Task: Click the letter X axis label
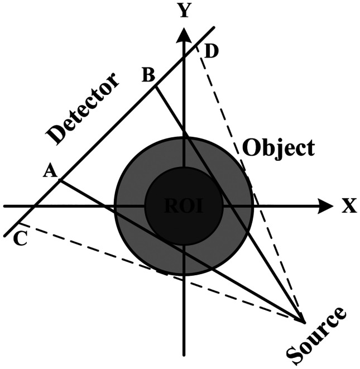[x=348, y=207]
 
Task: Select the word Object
[x=279, y=147]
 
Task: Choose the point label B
[x=148, y=75]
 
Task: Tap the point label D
[x=212, y=52]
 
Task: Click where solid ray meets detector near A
[x=60, y=180]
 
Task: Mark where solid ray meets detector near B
[x=155, y=85]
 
